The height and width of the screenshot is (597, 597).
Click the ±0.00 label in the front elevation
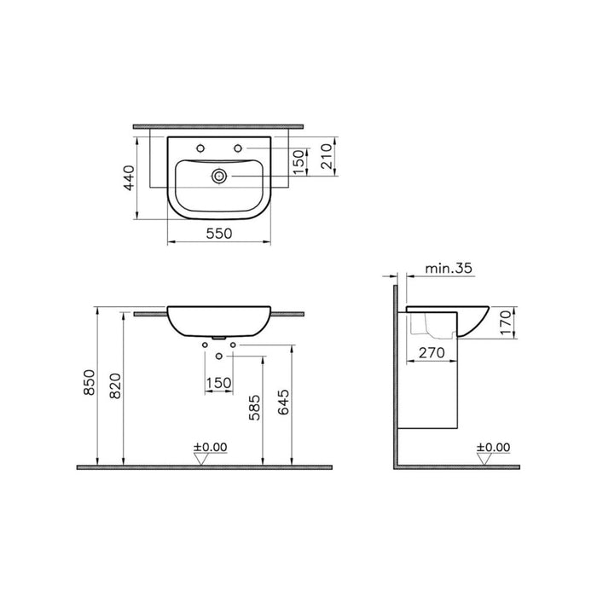(x=210, y=445)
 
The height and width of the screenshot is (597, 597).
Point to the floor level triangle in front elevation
(x=201, y=458)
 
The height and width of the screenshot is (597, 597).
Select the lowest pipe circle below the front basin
(x=219, y=355)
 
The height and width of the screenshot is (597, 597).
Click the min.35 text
(x=449, y=268)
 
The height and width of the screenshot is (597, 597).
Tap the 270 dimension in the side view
(x=433, y=350)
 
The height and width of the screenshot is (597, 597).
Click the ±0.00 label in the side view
(x=493, y=446)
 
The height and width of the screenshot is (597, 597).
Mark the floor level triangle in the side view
(x=485, y=459)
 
